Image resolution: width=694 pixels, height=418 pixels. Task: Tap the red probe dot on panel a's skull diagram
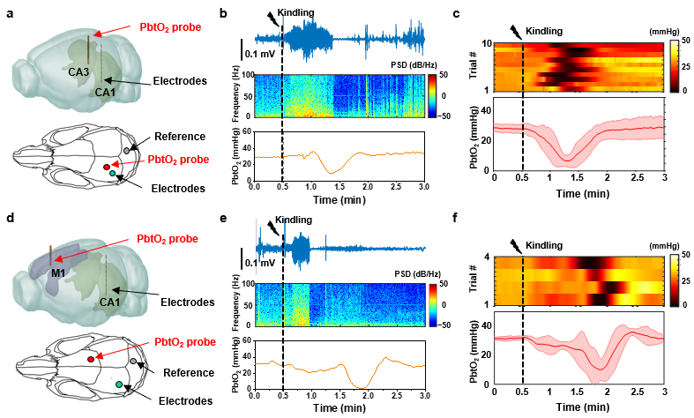click(x=107, y=166)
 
